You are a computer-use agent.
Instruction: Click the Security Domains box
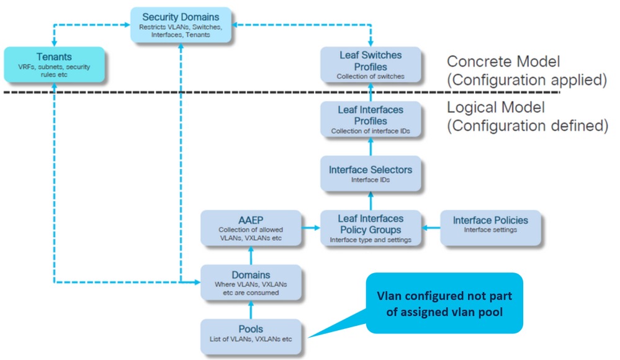click(181, 25)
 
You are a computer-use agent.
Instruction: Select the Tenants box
click(55, 65)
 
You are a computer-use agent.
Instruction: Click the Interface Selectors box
click(371, 174)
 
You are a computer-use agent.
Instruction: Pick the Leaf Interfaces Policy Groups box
click(371, 228)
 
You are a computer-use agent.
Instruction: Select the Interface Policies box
click(490, 225)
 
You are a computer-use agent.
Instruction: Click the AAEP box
click(251, 228)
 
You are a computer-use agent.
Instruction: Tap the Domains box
click(251, 282)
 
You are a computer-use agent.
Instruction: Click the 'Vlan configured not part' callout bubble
click(443, 303)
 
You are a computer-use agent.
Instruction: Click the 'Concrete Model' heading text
click(503, 62)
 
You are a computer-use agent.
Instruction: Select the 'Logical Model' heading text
click(496, 107)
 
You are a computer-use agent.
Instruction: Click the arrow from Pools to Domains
click(251, 308)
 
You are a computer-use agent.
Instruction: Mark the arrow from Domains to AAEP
click(251, 255)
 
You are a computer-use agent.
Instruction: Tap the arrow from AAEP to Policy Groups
click(310, 228)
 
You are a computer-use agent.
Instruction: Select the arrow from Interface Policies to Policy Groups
click(431, 228)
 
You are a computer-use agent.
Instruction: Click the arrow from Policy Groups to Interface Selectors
click(371, 201)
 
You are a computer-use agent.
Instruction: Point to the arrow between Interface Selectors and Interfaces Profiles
click(371, 146)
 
